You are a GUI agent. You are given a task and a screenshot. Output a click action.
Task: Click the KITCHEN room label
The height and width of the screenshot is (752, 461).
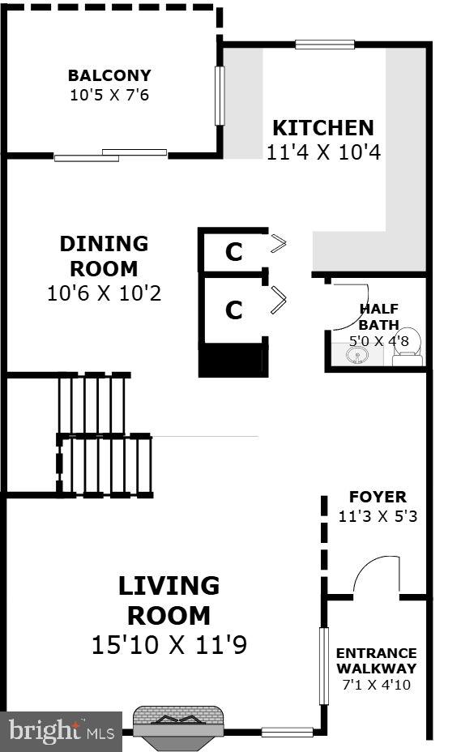coord(322,128)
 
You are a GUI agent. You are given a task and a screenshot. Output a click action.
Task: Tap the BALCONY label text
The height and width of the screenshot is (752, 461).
coord(109,76)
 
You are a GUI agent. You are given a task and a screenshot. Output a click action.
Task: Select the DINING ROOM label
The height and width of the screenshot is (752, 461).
coord(104,255)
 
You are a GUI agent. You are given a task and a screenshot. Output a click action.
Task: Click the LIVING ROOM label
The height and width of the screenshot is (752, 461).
coord(169,600)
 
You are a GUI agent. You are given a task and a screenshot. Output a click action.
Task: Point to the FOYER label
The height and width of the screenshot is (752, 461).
coord(378,497)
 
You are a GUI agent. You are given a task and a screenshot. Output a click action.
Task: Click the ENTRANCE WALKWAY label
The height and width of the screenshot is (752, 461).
coord(377,660)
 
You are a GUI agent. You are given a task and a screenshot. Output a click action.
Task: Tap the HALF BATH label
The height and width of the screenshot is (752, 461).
coord(379,316)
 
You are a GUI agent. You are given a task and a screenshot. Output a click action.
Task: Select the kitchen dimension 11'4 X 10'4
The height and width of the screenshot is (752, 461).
coord(323,152)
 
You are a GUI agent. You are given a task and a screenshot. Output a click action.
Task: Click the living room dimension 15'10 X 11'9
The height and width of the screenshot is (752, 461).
coord(169,645)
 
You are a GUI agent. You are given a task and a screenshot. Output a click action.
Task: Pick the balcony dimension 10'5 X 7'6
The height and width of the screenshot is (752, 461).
coord(109,95)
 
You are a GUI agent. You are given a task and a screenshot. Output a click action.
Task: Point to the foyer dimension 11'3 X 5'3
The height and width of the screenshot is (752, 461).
coord(378,515)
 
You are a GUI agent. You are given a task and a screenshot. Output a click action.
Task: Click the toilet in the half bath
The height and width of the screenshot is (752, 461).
coord(409,348)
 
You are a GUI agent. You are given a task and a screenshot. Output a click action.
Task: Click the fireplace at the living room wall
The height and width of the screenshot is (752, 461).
coord(178,721)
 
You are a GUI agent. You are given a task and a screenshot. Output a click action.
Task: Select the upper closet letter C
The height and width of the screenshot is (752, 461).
coord(233,253)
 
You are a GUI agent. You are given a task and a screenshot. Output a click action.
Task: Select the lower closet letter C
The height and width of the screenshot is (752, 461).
coord(233,310)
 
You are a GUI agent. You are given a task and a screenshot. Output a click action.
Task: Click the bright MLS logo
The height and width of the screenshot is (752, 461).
coord(61,731)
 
